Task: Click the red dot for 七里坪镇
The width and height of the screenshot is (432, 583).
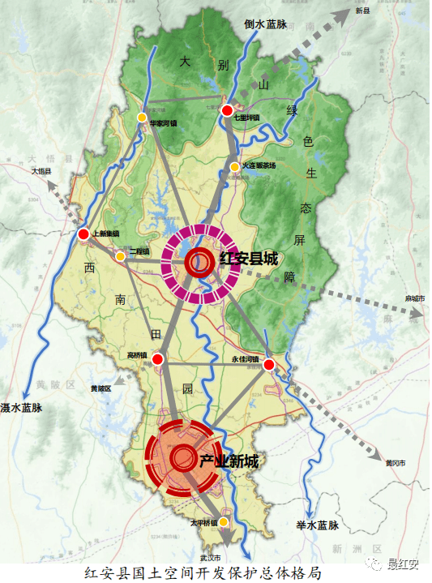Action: [228, 110]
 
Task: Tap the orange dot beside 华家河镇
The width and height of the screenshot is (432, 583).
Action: [142, 118]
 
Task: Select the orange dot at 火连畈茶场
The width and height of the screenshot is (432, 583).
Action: [234, 167]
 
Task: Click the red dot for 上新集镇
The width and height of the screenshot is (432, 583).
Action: [83, 234]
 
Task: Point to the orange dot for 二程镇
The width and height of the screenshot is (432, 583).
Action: [120, 257]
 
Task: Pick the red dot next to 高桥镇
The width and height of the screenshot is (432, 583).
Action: [158, 358]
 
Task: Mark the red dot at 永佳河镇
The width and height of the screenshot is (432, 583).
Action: [268, 366]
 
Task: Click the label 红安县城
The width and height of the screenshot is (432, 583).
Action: [248, 259]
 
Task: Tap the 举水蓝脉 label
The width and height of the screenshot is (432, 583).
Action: [316, 525]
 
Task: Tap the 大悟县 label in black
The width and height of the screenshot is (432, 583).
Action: [41, 171]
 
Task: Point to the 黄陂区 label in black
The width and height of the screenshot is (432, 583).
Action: [101, 388]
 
